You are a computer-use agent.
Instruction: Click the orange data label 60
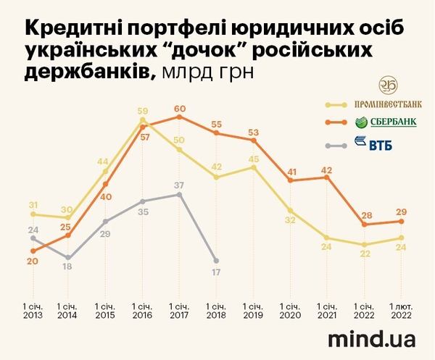(180, 109)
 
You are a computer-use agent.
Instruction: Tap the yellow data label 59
(142, 112)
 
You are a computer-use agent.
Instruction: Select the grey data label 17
(217, 273)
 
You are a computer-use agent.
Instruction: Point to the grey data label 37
(180, 185)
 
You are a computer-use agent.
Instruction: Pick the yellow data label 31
(33, 205)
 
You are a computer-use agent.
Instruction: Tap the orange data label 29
(401, 212)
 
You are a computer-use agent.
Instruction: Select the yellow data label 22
(365, 253)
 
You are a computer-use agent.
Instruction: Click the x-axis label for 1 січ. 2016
(143, 311)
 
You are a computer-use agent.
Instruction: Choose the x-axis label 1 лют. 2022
(401, 311)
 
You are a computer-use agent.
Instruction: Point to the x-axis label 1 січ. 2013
(33, 311)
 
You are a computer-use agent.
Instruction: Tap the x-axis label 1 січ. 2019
(254, 311)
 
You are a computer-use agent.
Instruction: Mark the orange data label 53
(254, 133)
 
